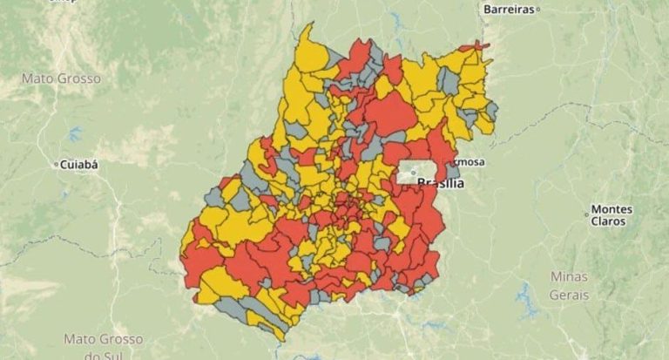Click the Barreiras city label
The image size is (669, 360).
coord(507,9)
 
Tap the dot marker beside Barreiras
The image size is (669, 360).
coord(538,9)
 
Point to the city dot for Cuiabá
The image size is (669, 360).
coord(57,164)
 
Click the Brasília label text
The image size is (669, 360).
coord(441,183)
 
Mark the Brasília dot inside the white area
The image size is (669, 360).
coord(414,173)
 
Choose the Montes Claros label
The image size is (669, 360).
coord(611,215)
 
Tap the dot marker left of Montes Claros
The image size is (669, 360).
coord(586,214)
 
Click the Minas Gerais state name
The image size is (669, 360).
coord(569,285)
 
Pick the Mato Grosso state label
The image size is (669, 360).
coord(61,78)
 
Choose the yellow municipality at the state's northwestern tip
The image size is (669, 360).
coord(309,52)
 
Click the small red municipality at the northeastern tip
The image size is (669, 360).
coord(475,45)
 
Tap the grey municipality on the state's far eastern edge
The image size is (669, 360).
coord(491,111)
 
